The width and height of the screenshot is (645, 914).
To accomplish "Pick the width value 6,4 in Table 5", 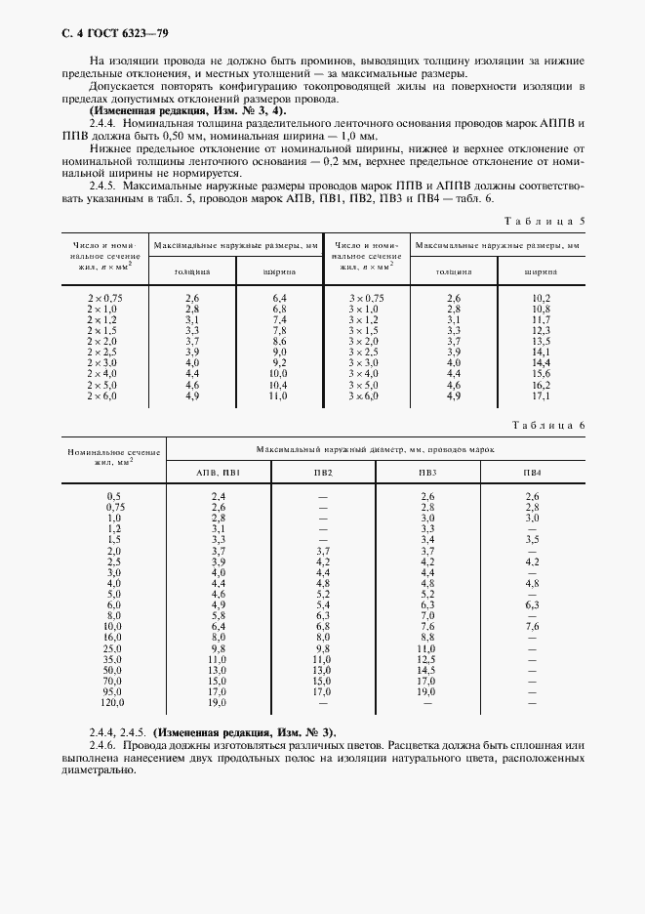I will pos(279,298).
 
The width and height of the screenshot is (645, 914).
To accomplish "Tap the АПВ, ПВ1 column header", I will pos(218,473).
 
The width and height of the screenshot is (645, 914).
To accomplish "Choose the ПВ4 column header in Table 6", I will pos(532,473).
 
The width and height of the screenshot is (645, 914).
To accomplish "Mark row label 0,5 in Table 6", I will pos(113,497).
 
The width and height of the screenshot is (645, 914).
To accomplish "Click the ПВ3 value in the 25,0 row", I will pos(425,648).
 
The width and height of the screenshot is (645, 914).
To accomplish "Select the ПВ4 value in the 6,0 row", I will pos(532,605).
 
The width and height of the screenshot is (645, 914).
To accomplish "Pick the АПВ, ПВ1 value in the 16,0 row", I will pos(218,638).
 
